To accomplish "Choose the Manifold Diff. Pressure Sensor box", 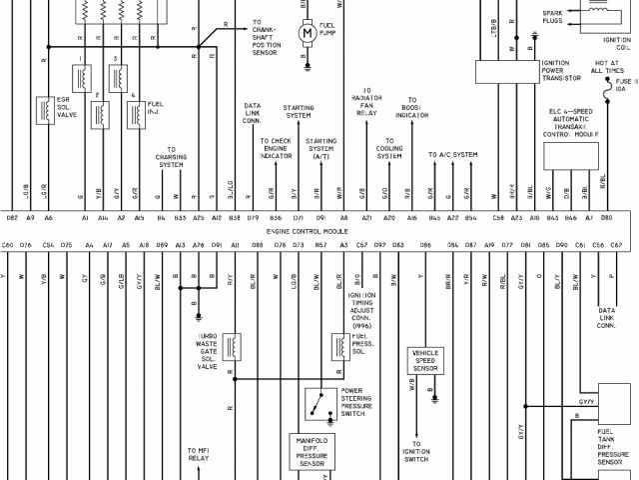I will click(314, 452).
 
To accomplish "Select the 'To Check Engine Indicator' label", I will click(276, 149).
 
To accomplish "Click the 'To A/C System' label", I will click(453, 155).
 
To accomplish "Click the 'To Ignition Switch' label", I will click(416, 451).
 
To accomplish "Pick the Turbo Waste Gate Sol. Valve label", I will click(208, 352).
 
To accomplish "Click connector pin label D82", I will click(12, 217).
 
